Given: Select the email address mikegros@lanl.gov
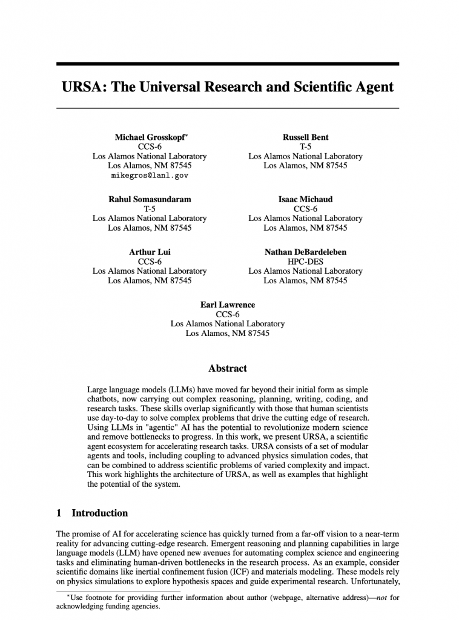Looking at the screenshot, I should tap(150, 175).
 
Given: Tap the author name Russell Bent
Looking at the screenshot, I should tap(305, 137).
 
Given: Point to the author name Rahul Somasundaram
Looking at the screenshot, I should tap(150, 199).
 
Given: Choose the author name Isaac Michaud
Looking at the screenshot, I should tap(305, 199).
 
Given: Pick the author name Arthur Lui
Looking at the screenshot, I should tap(150, 252).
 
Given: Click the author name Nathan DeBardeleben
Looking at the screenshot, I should tap(305, 252).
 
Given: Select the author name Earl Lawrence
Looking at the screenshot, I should tap(227, 305).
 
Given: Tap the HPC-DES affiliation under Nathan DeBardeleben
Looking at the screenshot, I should tap(305, 262).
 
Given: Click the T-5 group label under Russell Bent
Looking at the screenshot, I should tap(305, 147).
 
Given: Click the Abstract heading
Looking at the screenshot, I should tap(227, 368).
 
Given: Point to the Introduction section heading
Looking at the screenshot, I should tap(100, 513).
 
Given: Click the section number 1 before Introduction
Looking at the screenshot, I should tap(59, 513).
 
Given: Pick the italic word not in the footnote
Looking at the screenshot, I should tap(381, 598).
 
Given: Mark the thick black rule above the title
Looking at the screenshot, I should tap(227, 64).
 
